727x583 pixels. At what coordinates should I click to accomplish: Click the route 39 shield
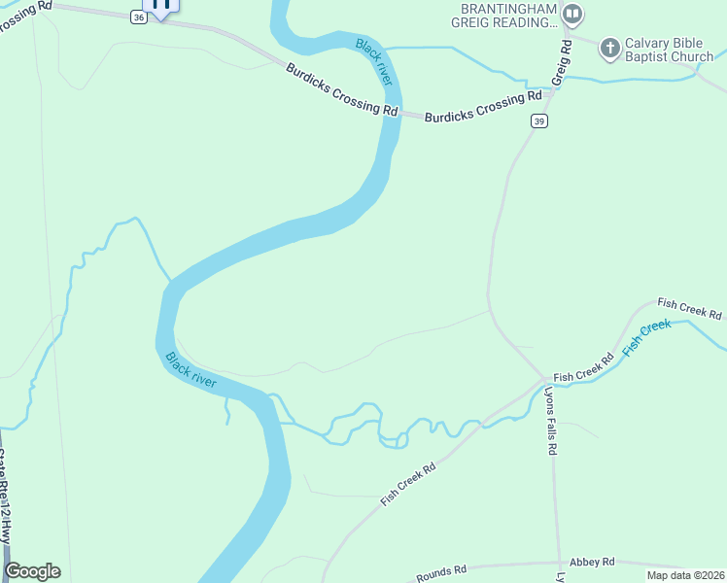coord(539,120)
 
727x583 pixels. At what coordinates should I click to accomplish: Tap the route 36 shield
coord(140,17)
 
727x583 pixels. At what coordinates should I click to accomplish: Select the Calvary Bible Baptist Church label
coord(669,50)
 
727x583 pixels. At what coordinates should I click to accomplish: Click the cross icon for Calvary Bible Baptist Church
coord(609,48)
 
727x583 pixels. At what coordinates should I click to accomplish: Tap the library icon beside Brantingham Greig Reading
coord(572,14)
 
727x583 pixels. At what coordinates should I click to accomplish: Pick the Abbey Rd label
coord(593,562)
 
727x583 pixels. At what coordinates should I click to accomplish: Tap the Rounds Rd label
coord(442,572)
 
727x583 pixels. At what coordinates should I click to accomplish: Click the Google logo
coord(32,571)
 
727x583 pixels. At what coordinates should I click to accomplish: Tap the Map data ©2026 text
coord(684,575)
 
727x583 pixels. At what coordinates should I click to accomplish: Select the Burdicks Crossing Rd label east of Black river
coord(482,106)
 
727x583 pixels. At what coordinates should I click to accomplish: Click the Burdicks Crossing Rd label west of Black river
coord(342,89)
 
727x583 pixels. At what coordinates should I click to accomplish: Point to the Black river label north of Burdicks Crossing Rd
coord(373,61)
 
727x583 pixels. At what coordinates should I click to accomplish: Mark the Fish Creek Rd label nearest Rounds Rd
coord(408,483)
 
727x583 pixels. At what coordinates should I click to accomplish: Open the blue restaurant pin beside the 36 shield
coord(161,6)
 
